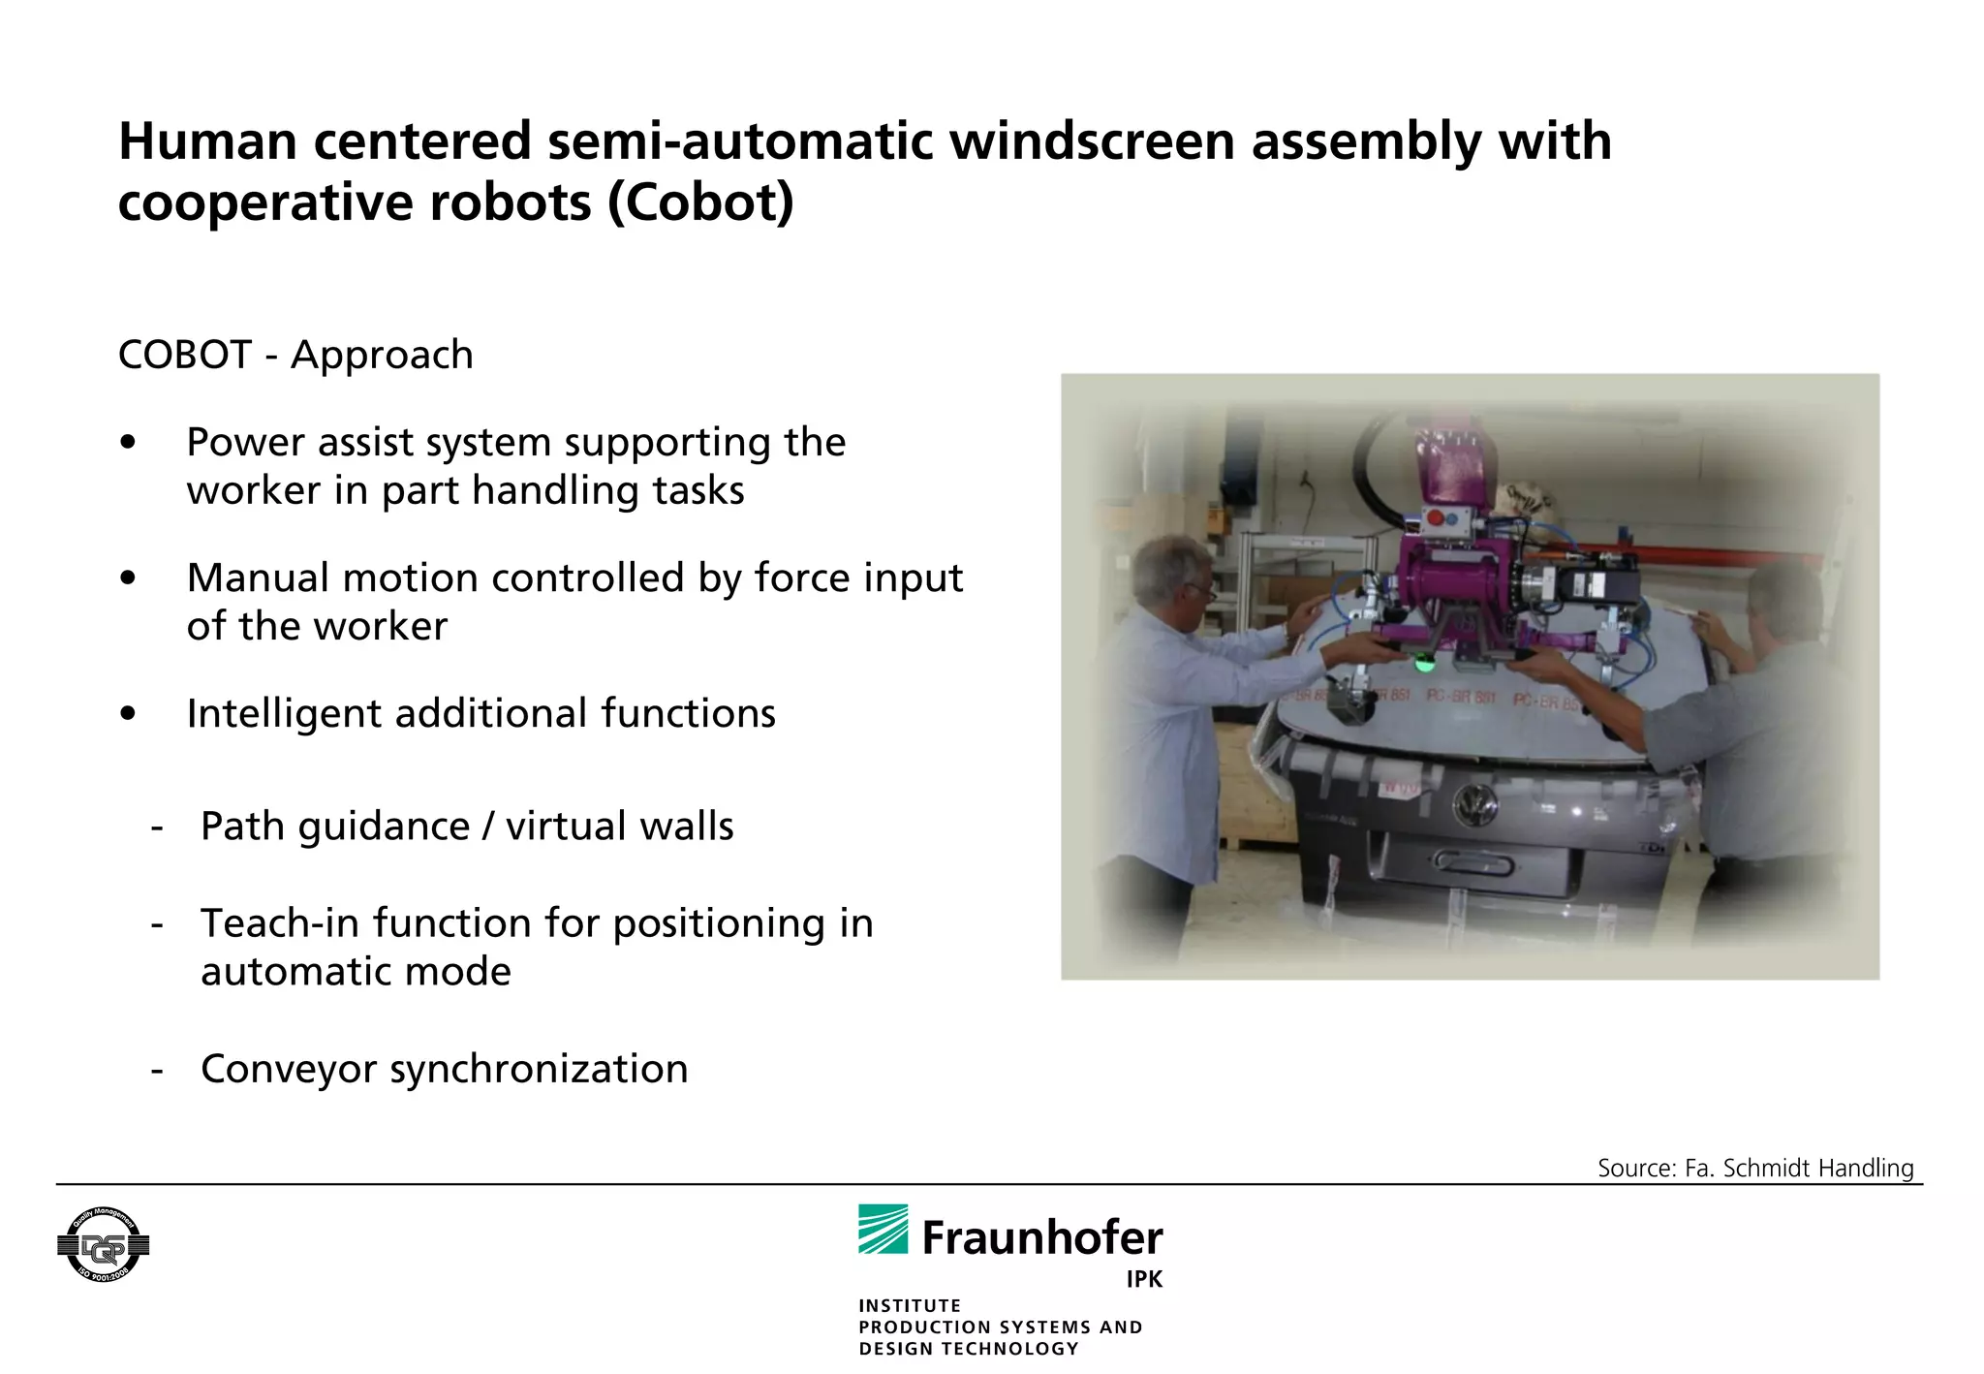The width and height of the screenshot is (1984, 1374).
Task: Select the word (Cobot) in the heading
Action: tap(699, 203)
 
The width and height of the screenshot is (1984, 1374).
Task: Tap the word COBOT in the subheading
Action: tap(184, 355)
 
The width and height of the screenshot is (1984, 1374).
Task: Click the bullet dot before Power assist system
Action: tap(128, 443)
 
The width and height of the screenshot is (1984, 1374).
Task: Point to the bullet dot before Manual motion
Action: tap(128, 578)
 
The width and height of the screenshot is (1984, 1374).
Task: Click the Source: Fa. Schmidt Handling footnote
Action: tap(1755, 1168)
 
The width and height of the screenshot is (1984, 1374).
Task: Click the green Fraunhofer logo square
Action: tap(883, 1229)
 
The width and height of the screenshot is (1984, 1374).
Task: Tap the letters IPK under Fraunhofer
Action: tap(1143, 1279)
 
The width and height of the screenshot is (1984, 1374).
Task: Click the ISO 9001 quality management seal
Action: tap(104, 1245)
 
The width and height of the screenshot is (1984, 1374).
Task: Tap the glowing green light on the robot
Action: tap(1424, 665)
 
